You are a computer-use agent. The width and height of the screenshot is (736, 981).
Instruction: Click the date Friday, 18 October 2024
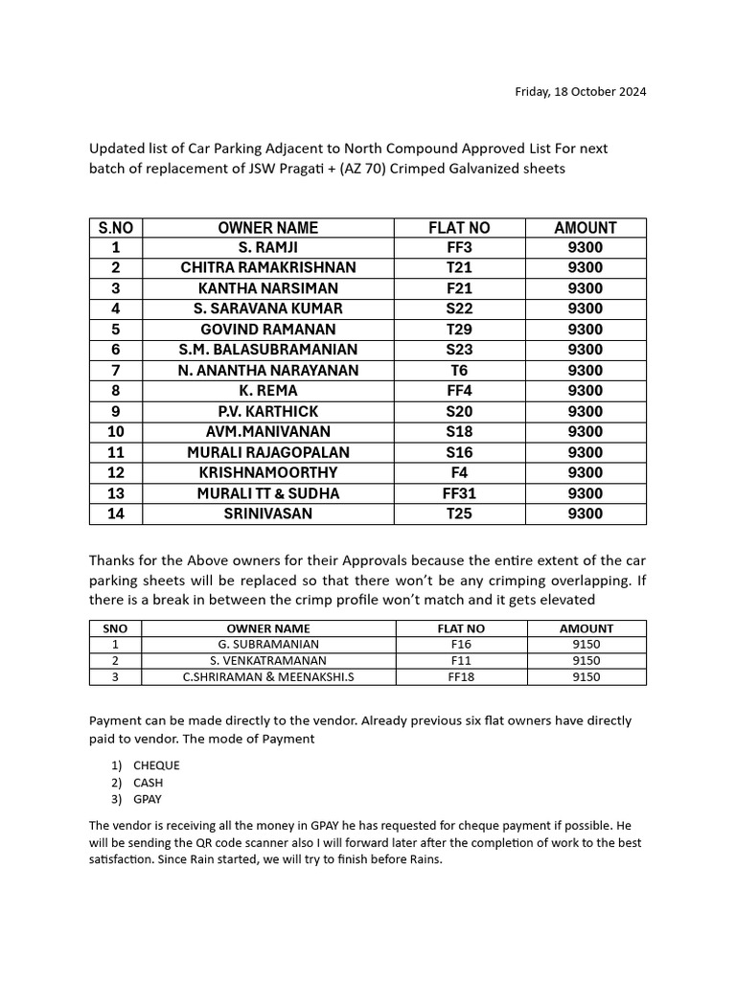point(580,92)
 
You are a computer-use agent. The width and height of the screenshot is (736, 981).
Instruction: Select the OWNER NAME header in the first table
point(267,228)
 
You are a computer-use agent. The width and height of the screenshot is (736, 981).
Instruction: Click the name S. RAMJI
point(267,248)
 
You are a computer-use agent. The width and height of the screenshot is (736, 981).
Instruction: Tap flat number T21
point(459,268)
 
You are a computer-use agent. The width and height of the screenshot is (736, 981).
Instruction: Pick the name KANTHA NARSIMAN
point(267,288)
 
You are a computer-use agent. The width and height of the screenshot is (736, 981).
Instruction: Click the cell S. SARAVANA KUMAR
point(267,308)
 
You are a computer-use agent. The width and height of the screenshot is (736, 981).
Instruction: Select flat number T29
point(459,330)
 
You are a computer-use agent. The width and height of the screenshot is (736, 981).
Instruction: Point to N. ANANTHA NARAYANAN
point(267,371)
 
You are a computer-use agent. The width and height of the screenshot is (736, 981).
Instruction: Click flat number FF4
point(459,391)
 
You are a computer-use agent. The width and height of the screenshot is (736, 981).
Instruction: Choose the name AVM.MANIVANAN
point(267,432)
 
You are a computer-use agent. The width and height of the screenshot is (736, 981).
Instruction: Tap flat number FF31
point(459,493)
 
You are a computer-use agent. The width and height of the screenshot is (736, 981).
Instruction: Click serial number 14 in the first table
point(116,513)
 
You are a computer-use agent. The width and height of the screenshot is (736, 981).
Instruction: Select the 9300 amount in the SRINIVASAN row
point(585,513)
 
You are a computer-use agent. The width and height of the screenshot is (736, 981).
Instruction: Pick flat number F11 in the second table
point(461,661)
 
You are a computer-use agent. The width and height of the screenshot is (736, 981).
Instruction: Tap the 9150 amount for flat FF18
point(586,677)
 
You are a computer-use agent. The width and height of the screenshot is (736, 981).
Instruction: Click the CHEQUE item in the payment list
point(156,765)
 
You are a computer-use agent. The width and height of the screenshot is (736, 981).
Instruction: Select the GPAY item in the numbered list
point(149,799)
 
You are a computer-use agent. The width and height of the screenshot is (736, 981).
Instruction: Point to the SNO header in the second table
point(115,628)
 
